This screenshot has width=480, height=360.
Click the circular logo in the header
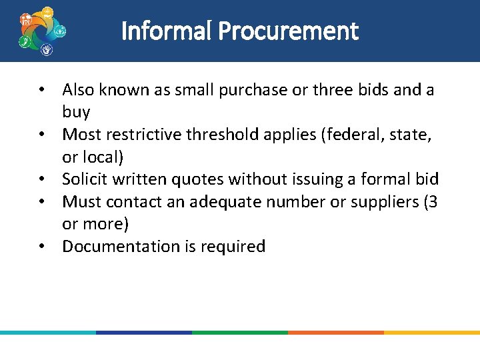coord(42,31)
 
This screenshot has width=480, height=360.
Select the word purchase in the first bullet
coord(257,89)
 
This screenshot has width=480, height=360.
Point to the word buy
coord(76,111)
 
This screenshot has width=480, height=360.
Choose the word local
coord(101,157)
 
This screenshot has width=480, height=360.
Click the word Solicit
coord(86,179)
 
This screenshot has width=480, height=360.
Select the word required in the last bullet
coord(234,246)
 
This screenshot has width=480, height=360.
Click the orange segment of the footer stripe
coord(336,332)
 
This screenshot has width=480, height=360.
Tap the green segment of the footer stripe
coord(240,332)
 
